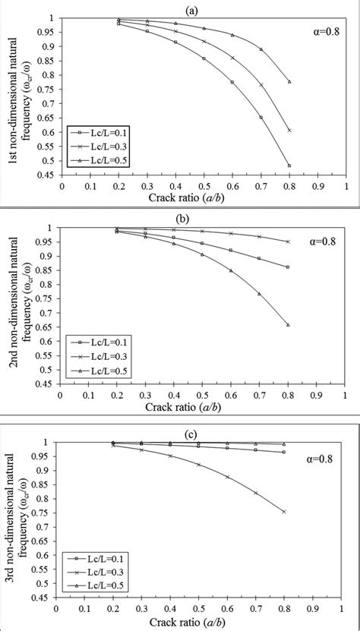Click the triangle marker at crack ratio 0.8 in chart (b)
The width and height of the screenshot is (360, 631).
pyautogui.click(x=288, y=325)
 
